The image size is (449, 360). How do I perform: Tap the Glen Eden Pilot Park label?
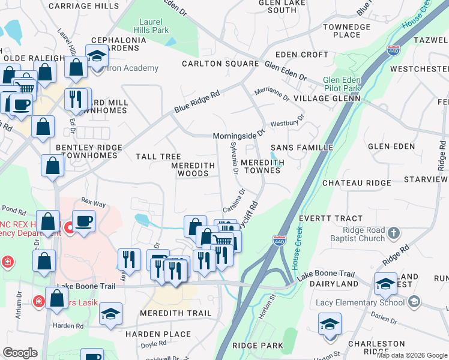(342, 84)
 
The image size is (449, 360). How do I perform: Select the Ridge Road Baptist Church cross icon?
(393, 232)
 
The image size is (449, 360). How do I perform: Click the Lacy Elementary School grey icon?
(414, 302)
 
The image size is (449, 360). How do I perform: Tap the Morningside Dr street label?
(239, 136)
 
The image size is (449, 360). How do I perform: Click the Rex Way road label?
(93, 203)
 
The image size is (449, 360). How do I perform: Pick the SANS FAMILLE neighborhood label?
(301, 147)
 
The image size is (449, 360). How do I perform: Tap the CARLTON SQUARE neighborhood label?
(220, 63)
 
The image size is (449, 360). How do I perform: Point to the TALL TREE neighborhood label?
(158, 157)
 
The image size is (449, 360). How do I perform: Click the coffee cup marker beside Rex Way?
(83, 221)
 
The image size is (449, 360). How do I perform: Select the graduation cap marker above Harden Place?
(110, 314)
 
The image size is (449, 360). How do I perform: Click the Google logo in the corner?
(20, 353)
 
